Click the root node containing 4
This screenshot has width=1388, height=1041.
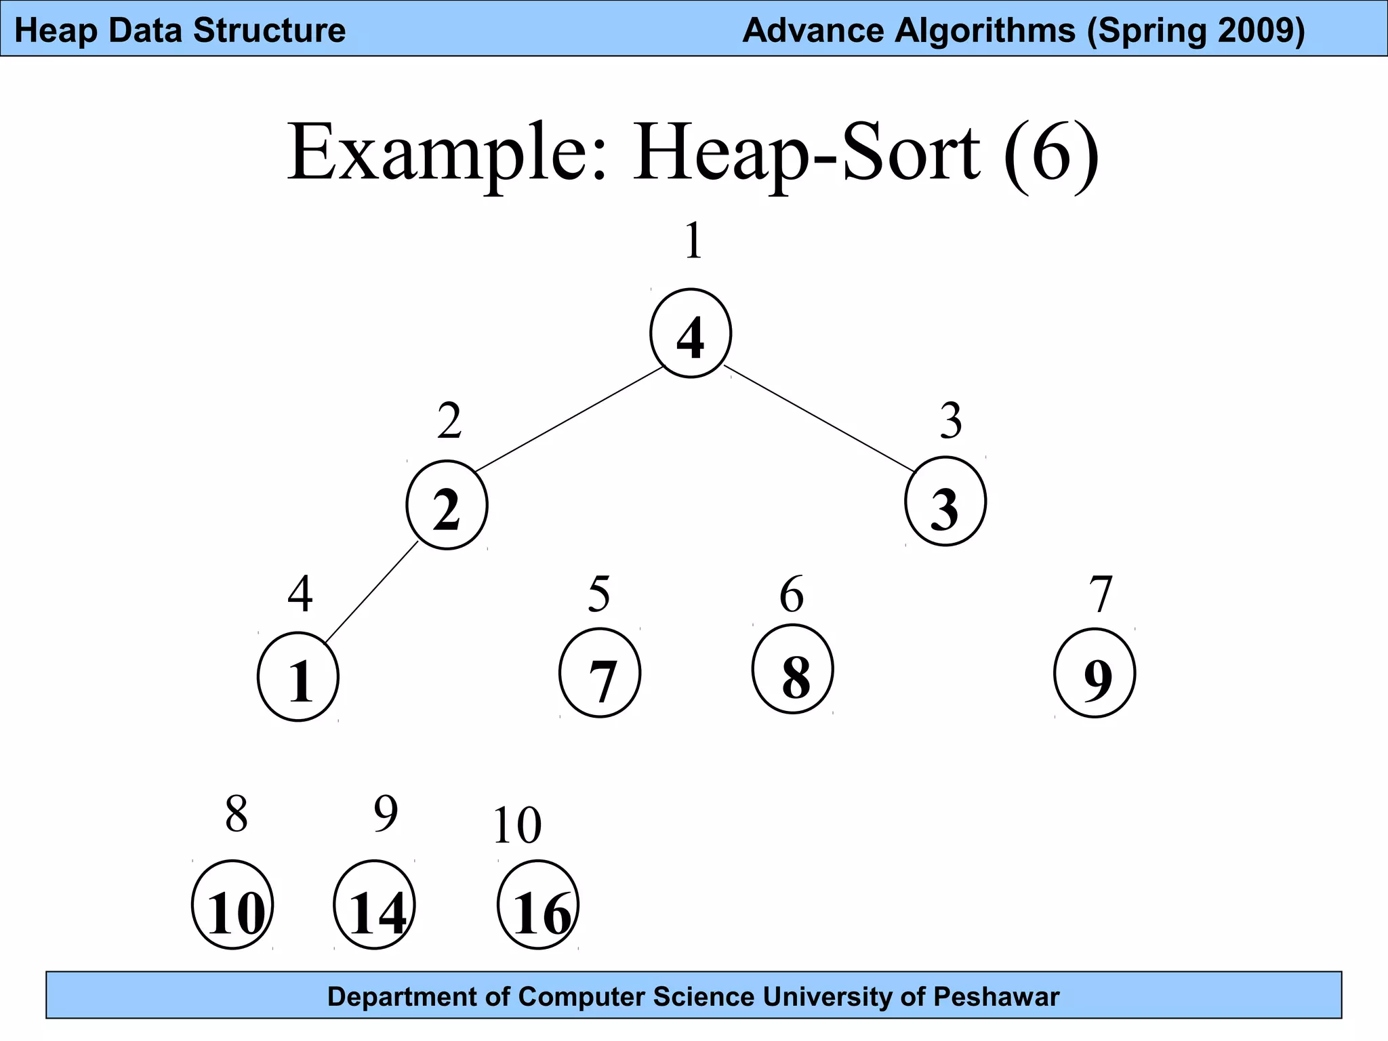tap(690, 333)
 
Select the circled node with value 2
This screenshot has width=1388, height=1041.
tap(447, 505)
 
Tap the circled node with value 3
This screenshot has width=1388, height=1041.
tap(945, 502)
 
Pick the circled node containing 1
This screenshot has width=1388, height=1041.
tap(298, 676)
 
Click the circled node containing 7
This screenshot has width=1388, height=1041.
tap(600, 673)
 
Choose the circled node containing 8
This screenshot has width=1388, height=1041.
tap(792, 670)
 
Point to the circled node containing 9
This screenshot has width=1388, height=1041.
tap(1095, 673)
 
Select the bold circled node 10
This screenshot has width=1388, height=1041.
tap(232, 905)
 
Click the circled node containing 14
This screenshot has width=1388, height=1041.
tap(374, 905)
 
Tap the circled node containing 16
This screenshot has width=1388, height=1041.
tap(538, 905)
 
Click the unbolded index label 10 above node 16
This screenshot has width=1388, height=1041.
tap(517, 826)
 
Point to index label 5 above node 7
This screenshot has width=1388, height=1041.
tap(599, 594)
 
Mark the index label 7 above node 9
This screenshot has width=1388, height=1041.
tap(1101, 594)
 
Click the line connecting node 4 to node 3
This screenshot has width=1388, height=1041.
tap(819, 418)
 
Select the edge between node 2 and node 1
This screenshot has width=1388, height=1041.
tap(371, 592)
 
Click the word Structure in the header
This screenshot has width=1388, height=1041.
tap(269, 30)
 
